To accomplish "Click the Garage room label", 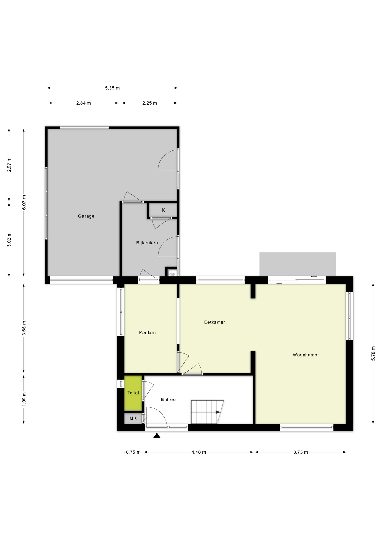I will [86, 216].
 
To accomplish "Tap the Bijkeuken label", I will [147, 243].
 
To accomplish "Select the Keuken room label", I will [147, 333].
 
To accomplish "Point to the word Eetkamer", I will [214, 322].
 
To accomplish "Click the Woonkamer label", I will [306, 355].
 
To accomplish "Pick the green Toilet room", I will [133, 393].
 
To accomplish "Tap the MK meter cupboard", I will [133, 418].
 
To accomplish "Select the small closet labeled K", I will [163, 210].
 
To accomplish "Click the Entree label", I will [168, 399].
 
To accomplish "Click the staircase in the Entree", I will [206, 412].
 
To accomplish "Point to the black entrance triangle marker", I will [157, 436].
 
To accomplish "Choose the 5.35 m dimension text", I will [112, 88].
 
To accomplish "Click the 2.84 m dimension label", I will [83, 103].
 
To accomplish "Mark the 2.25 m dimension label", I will [149, 103].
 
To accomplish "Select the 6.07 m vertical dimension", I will [24, 202].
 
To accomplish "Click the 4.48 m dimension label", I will [199, 452].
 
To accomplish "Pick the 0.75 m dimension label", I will [133, 452].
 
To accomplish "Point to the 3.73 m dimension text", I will [300, 452].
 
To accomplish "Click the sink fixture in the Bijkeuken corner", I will [172, 273].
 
